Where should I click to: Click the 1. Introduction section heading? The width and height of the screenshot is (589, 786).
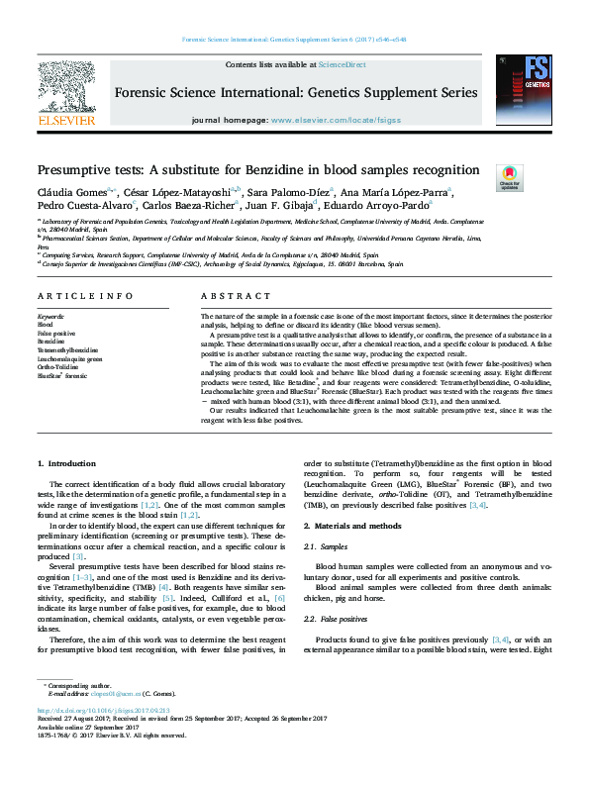coord(67,463)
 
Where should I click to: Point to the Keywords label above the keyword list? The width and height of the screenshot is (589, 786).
coord(50,316)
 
